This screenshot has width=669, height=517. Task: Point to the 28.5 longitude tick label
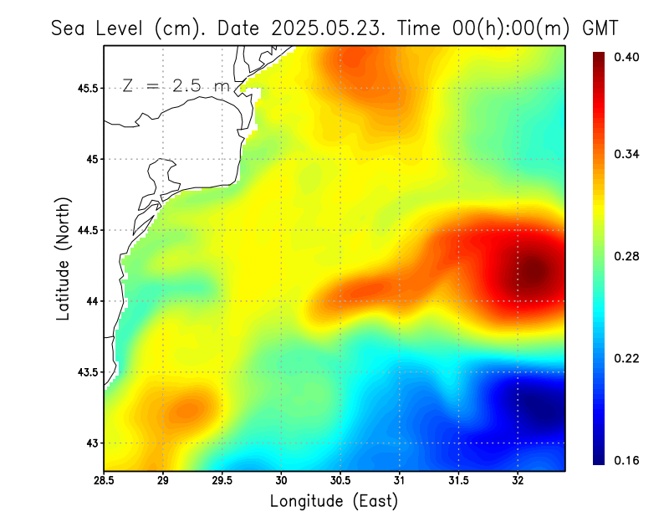105,480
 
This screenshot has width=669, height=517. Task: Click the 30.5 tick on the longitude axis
340,480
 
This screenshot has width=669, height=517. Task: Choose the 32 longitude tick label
518,480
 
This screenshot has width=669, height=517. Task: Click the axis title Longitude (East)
334,501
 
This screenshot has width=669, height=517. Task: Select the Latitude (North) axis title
63,258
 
